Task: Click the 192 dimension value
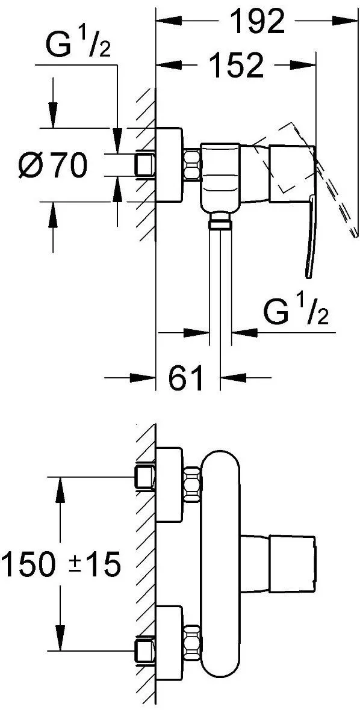(x=256, y=21)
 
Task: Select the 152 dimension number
(x=237, y=65)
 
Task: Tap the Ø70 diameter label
(x=52, y=164)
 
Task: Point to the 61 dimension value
(x=185, y=377)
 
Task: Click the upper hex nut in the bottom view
(x=192, y=484)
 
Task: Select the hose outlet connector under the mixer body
(x=220, y=223)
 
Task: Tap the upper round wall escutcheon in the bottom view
(x=170, y=484)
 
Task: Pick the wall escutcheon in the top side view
(x=170, y=164)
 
